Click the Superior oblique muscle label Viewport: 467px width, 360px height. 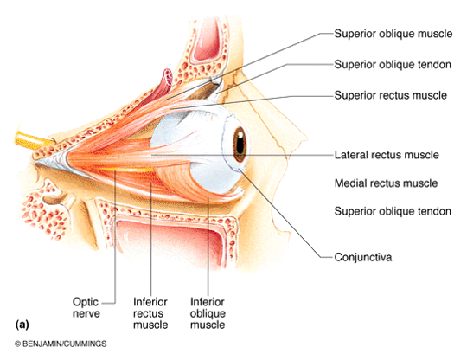pyautogui.click(x=393, y=34)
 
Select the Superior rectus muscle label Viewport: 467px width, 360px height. pyautogui.click(x=390, y=95)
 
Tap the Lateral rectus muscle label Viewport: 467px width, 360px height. pyautogui.click(x=387, y=155)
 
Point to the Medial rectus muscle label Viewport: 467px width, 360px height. pyautogui.click(x=386, y=183)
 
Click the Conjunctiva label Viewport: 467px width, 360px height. pyautogui.click(x=362, y=257)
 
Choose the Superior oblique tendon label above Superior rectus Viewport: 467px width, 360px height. pyautogui.click(x=393, y=64)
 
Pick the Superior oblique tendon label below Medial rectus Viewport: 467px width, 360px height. pyautogui.click(x=393, y=211)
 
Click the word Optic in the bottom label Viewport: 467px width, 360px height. pyautogui.click(x=86, y=302)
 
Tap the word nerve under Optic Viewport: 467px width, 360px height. pyautogui.click(x=86, y=314)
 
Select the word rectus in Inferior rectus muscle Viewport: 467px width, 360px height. pyautogui.click(x=148, y=313)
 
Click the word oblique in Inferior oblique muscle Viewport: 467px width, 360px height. pyautogui.click(x=208, y=314)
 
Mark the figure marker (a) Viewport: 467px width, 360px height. pyautogui.click(x=22, y=325)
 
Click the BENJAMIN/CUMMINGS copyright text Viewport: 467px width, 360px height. pyautogui.click(x=61, y=344)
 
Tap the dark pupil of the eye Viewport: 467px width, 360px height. pyautogui.click(x=240, y=145)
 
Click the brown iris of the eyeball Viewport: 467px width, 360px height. pyautogui.click(x=240, y=145)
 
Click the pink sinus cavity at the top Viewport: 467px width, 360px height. pyautogui.click(x=206, y=39)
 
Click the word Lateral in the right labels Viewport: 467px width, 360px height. pyautogui.click(x=348, y=155)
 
